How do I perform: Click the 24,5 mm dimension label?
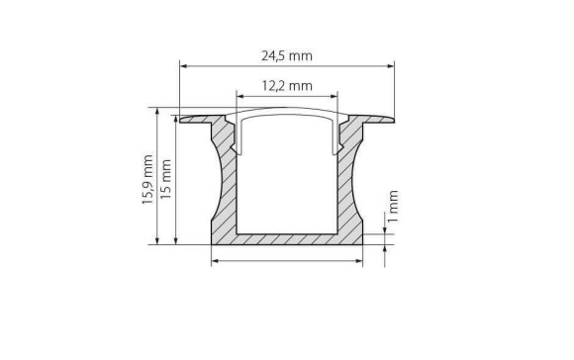tap(287, 55)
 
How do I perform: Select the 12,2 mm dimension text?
tap(287, 86)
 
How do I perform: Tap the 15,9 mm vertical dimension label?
tap(146, 178)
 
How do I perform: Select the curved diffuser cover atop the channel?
tap(287, 112)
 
